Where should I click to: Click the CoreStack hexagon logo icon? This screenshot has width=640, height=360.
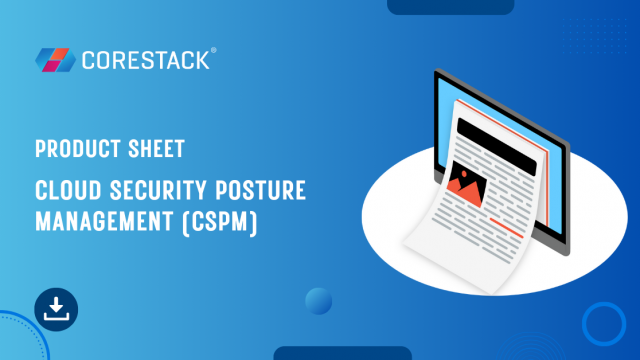coord(56,60)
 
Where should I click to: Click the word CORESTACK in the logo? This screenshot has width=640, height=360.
coord(146,60)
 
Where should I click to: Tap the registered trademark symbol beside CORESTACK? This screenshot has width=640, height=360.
coord(213,50)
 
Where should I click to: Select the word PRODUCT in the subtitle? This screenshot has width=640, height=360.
coord(78,149)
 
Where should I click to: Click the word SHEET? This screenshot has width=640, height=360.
coord(156,149)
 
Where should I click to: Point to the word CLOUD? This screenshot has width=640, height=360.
coord(68,190)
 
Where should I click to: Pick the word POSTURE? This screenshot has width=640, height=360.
coord(261,190)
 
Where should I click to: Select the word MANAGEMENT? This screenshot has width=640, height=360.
coord(104,222)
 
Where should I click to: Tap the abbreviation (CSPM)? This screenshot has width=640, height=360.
coord(220,222)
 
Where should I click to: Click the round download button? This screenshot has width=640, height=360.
coord(56,309)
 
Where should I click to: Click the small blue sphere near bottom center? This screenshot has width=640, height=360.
coord(318,301)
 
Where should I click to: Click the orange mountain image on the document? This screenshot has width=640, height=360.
coord(467,183)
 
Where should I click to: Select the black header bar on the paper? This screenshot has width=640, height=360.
coord(496,147)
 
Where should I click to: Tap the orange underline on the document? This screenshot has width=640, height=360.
coord(507,228)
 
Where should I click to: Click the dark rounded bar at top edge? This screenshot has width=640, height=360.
coord(451,7)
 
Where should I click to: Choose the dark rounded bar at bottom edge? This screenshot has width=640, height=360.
coord(342,353)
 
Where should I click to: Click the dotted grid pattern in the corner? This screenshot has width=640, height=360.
coord(594,36)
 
